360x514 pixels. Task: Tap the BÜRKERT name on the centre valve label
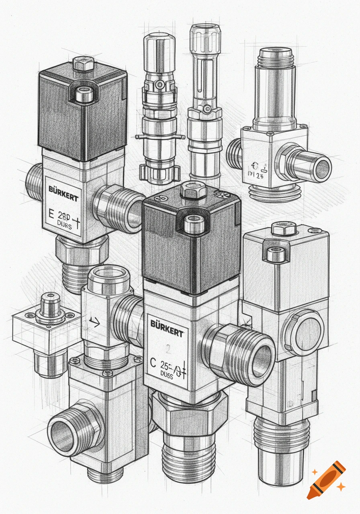[167, 323]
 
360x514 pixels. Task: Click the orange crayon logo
[326, 480]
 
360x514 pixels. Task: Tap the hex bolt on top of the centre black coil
[193, 191]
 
